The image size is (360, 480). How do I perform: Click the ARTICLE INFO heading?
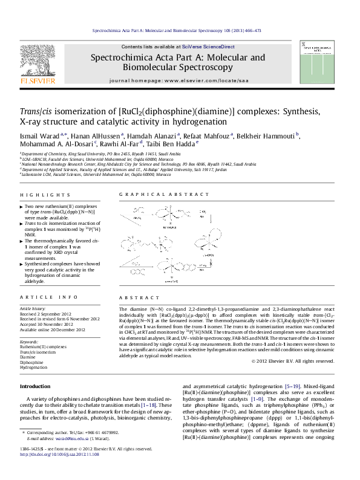48,297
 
